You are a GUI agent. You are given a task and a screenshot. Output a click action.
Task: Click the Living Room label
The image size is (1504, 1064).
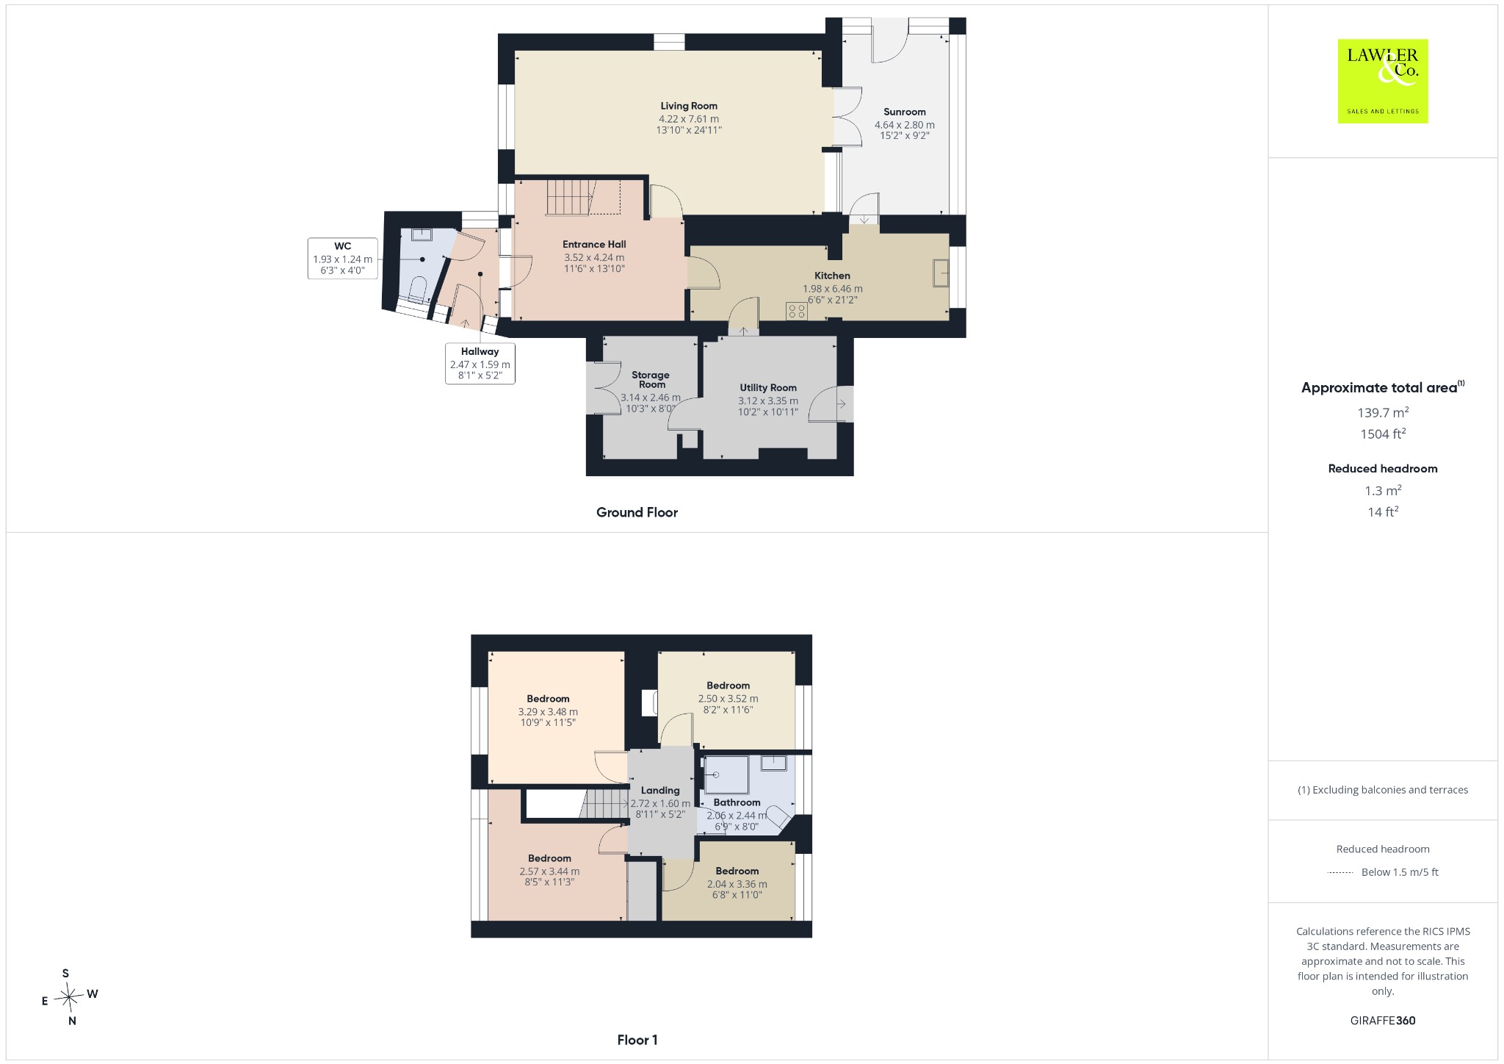[689, 106]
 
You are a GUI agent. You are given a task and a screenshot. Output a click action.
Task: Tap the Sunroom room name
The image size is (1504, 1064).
[904, 112]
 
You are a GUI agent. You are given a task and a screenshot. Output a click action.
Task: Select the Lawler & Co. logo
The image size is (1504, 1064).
[1382, 81]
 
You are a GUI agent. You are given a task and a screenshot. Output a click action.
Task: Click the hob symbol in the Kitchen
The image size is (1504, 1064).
[796, 312]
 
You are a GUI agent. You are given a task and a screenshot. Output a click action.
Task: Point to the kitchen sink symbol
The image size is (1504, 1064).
[941, 273]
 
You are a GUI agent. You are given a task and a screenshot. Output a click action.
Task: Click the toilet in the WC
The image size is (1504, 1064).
[418, 289]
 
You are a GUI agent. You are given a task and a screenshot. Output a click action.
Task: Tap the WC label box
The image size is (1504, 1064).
[342, 259]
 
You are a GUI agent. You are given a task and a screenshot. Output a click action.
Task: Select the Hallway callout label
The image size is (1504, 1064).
[480, 363]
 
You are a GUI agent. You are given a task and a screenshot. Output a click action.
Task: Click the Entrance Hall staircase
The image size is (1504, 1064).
[569, 198]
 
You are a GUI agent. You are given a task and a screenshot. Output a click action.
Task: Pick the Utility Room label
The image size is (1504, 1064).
[768, 388]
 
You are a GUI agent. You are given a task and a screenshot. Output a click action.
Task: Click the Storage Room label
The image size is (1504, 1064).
[651, 379]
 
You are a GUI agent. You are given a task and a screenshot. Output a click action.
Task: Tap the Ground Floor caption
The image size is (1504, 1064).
[637, 513]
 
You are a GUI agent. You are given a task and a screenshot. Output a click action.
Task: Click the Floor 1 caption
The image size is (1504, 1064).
[637, 1040]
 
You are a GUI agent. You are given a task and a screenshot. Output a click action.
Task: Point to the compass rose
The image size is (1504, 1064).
[69, 997]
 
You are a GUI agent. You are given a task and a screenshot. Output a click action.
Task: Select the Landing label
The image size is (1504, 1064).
[660, 791]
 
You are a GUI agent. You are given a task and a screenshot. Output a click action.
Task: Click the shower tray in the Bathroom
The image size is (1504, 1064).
[726, 775]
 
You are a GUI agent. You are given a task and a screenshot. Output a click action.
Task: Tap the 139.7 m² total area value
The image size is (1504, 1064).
[1383, 412]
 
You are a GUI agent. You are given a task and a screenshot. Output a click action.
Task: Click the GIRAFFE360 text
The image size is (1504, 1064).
[1383, 1020]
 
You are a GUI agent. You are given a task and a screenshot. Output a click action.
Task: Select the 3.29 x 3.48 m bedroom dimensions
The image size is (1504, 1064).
[548, 712]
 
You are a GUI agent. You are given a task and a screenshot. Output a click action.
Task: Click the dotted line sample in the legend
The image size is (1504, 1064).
[1341, 873]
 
